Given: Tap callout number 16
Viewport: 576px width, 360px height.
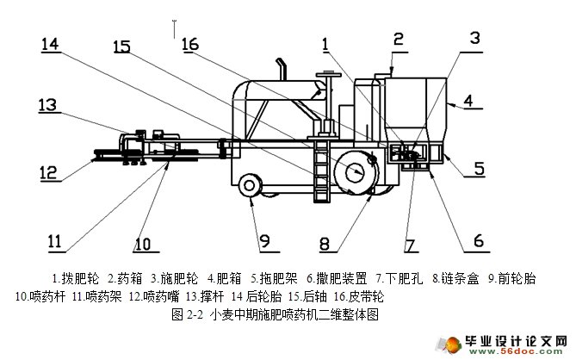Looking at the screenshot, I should pyautogui.click(x=189, y=44).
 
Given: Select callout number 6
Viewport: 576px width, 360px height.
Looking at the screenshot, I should pyautogui.click(x=478, y=239).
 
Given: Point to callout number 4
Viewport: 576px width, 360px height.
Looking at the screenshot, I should pyautogui.click(x=469, y=101).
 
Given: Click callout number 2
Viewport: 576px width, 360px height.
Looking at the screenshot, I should pyautogui.click(x=397, y=38).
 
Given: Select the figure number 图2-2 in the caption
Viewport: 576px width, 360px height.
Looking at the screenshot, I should pyautogui.click(x=187, y=314).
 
